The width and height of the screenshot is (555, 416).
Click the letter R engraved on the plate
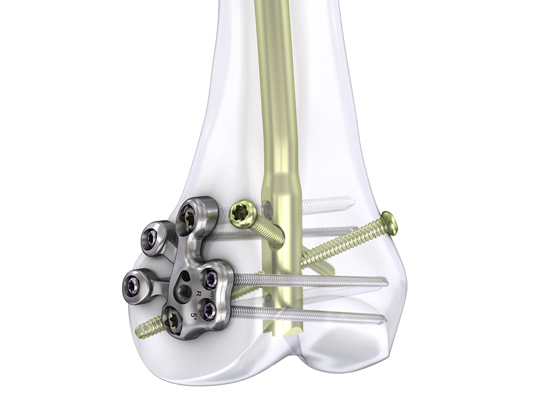point(198,294)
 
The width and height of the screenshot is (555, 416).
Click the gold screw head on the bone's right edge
point(390,223)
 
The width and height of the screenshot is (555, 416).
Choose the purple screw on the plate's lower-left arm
point(132,284)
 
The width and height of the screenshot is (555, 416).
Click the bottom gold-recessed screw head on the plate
point(173,320)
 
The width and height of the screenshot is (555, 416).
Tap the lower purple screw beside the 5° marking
point(209,311)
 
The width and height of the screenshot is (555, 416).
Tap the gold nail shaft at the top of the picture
point(272,23)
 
